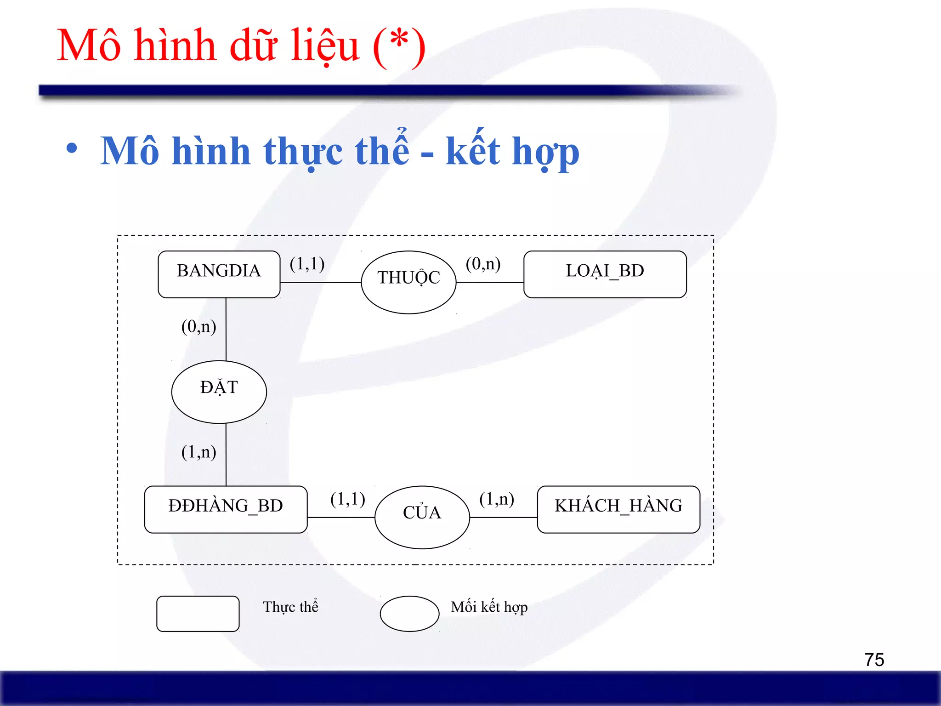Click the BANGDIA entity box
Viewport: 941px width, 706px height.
click(219, 274)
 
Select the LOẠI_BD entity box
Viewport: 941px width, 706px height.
click(605, 274)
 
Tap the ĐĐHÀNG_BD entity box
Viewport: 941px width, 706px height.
click(226, 509)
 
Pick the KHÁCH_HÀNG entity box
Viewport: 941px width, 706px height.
click(618, 509)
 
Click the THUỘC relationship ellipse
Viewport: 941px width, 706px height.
click(408, 282)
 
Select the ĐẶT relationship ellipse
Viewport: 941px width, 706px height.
click(219, 392)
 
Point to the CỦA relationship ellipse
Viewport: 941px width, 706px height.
click(422, 517)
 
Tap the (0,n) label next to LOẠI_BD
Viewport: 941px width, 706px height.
click(483, 264)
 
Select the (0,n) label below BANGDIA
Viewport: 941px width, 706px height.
click(198, 327)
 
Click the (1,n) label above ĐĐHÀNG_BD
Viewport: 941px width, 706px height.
click(198, 452)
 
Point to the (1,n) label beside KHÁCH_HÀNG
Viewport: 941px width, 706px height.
click(496, 499)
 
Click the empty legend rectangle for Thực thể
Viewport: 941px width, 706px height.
click(198, 614)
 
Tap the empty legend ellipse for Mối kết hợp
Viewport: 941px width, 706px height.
click(409, 614)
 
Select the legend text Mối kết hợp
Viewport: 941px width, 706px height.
click(489, 607)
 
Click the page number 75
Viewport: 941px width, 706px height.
click(874, 660)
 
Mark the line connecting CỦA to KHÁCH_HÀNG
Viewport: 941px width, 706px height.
click(504, 518)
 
